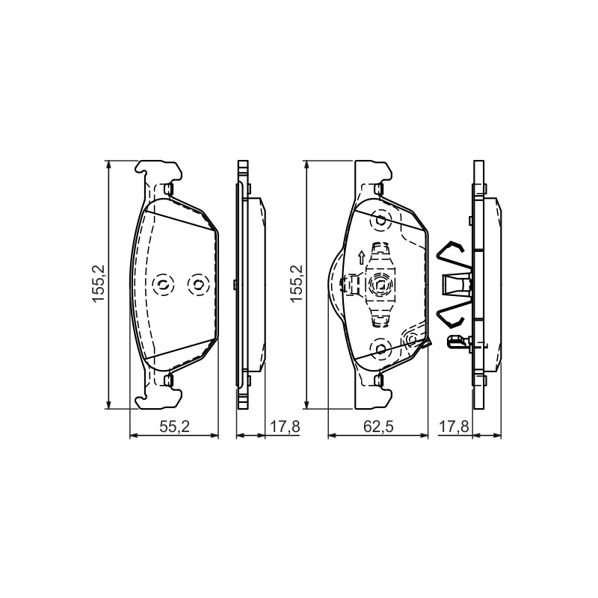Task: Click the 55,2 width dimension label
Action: click(x=174, y=427)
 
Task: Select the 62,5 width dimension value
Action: click(x=378, y=427)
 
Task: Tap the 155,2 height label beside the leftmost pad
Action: click(x=99, y=284)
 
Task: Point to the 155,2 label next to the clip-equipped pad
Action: click(x=296, y=284)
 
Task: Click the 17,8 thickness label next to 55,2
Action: click(x=286, y=427)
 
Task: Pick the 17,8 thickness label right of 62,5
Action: click(x=454, y=427)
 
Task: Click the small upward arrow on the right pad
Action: click(x=360, y=257)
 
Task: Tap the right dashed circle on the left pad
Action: click(x=198, y=284)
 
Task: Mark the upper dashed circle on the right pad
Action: click(x=380, y=220)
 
